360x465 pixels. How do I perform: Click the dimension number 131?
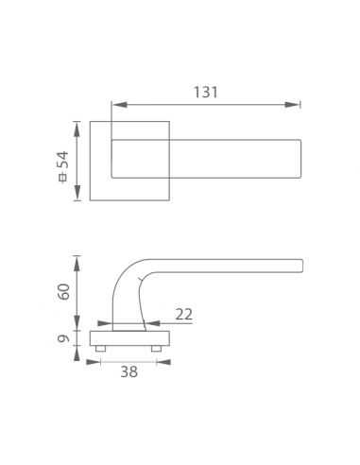(205, 92)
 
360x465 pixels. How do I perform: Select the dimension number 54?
(62, 160)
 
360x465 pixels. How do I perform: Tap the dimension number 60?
(63, 292)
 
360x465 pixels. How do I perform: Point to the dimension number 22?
(183, 314)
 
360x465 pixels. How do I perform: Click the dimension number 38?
(129, 371)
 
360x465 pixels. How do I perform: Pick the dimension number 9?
(63, 338)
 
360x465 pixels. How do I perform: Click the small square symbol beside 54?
(63, 178)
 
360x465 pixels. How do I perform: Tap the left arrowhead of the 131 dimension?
(119, 105)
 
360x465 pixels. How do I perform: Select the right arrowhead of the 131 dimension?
(292, 105)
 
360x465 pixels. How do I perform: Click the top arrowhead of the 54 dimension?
(77, 129)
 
